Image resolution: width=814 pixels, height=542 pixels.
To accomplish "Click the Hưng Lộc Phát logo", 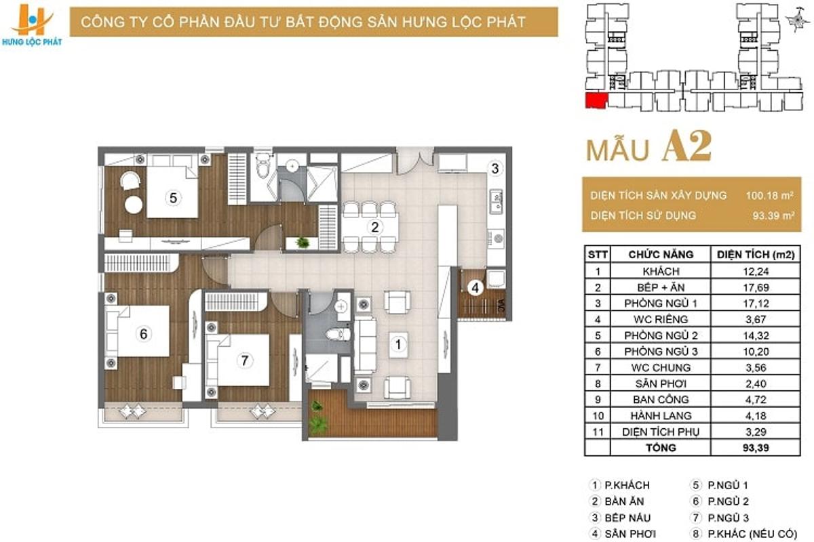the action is tap(31, 24).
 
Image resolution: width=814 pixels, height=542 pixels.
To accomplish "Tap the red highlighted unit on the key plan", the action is tap(596, 100).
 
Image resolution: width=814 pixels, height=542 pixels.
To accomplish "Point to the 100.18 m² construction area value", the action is tap(769, 196).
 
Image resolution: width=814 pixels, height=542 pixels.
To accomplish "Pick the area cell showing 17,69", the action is tap(756, 287).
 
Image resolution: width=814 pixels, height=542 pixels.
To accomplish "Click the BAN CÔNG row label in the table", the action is tap(661, 399).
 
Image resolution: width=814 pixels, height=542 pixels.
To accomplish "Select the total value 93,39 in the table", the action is tap(756, 448).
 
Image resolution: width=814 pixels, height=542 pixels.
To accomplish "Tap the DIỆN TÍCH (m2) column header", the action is tap(756, 255).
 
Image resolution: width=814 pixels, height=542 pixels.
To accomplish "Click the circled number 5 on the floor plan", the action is tap(173, 198).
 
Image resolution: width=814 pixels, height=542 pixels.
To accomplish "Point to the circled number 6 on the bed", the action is tap(144, 333).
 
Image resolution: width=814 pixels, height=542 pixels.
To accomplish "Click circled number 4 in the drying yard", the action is tap(475, 288).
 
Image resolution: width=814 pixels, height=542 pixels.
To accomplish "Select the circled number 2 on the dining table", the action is tap(374, 227).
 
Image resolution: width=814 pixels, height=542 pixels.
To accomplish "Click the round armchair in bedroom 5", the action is tap(130, 180).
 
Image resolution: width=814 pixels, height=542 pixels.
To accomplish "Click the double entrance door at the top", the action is tap(414, 161).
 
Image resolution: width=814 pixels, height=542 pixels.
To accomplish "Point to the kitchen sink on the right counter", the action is tap(496, 201).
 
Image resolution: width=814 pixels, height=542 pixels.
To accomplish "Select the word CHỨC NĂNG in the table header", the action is tap(661, 255).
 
